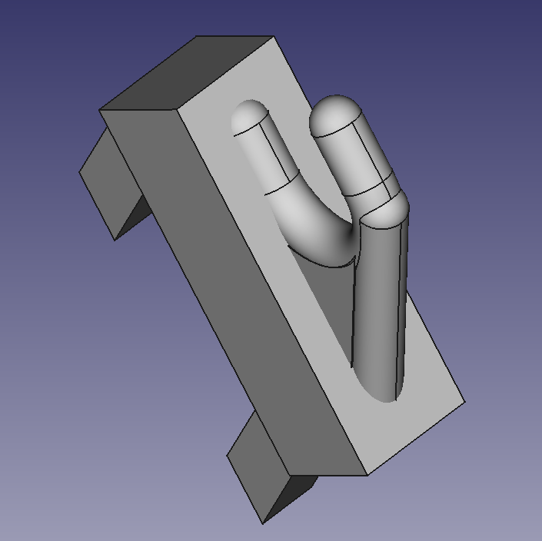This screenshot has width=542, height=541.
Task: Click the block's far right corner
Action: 464,401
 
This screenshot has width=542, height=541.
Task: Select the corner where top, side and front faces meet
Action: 178,110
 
